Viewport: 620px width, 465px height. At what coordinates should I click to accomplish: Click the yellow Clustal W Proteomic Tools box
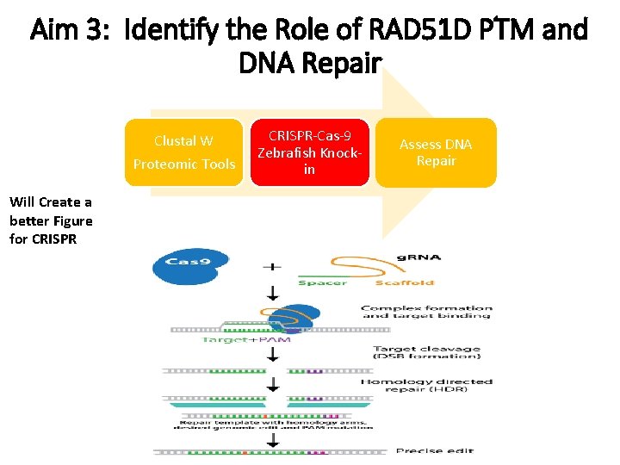point(183,152)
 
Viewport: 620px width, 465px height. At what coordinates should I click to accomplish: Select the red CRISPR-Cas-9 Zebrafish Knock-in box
point(309,152)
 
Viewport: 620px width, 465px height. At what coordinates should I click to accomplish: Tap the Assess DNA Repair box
point(436,152)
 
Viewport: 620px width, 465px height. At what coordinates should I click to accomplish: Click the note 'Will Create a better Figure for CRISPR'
point(51,220)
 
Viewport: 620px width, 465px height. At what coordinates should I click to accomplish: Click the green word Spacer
point(322,282)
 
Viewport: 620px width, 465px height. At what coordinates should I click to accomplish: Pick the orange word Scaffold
point(405,282)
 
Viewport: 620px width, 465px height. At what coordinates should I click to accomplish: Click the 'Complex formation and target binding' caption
point(426,312)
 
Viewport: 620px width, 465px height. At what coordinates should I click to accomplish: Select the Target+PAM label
point(245,339)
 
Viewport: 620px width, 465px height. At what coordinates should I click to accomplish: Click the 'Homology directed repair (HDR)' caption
point(426,386)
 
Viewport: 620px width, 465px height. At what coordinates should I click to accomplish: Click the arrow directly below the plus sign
point(274,293)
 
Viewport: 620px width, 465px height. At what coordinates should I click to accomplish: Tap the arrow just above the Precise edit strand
point(274,438)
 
